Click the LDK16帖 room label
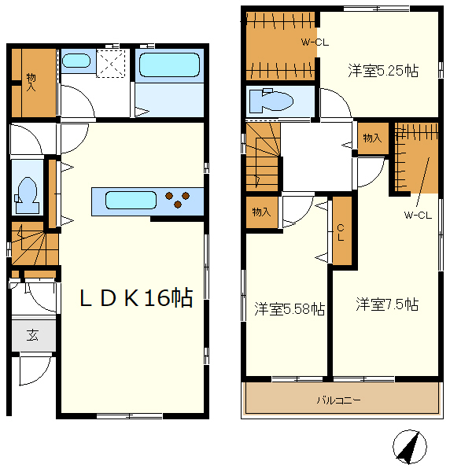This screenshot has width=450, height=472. click(136, 297)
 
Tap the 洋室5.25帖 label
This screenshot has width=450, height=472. click(383, 71)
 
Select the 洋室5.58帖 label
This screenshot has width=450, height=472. click(290, 308)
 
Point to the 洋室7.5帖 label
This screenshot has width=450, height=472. click(387, 304)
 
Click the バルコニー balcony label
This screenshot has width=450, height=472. click(338, 400)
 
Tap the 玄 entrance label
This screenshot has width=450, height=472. click(32, 335)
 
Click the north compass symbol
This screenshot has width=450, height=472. click(410, 447)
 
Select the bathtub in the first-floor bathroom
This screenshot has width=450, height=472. click(169, 65)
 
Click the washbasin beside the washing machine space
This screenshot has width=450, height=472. click(76, 61)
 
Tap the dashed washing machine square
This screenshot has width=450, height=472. click(110, 64)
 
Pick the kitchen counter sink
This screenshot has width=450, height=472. click(131, 200)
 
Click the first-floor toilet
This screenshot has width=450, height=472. click(27, 195)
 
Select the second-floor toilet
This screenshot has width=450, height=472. click(271, 101)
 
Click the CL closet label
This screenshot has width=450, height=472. click(341, 232)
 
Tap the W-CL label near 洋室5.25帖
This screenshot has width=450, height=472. click(315, 42)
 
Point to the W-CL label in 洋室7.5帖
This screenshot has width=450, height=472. click(418, 215)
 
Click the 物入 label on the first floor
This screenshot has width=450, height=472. click(31, 82)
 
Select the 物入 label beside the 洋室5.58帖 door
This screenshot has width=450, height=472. click(261, 212)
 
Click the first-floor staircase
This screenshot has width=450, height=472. click(34, 244)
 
